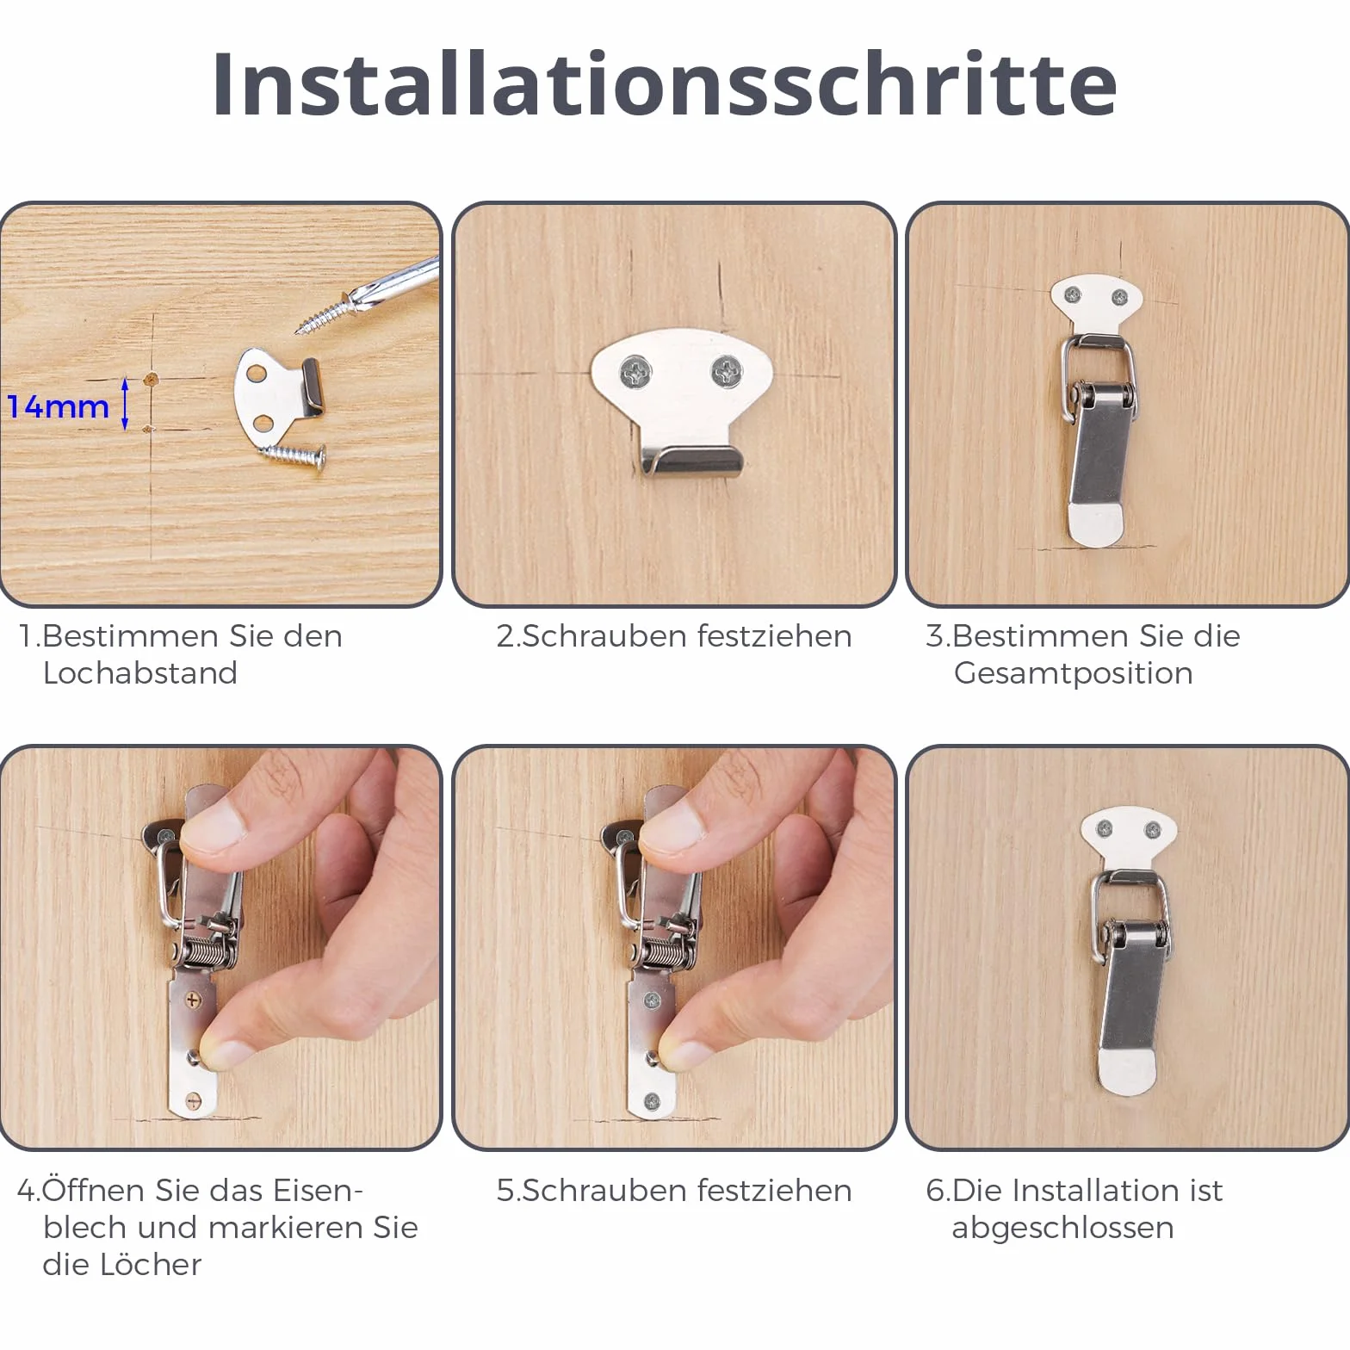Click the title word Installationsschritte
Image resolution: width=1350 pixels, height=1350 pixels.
pos(665,84)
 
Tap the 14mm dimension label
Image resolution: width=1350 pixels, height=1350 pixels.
pos(59,406)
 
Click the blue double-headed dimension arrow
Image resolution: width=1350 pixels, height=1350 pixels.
pos(125,404)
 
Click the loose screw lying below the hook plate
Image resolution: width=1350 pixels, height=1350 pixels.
pos(294,454)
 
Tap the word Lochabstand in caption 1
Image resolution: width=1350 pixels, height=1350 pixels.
pos(140,672)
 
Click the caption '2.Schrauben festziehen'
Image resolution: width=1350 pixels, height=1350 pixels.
pos(674,636)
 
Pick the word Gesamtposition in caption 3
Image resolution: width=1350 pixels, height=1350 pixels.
pos(1074,673)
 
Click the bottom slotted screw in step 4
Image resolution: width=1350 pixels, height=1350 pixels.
pos(193,1099)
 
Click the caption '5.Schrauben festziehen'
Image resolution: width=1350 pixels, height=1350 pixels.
pos(674,1191)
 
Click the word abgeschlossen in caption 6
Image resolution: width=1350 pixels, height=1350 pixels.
pos(1063,1228)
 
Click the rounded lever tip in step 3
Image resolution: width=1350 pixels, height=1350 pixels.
pos(1095,523)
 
